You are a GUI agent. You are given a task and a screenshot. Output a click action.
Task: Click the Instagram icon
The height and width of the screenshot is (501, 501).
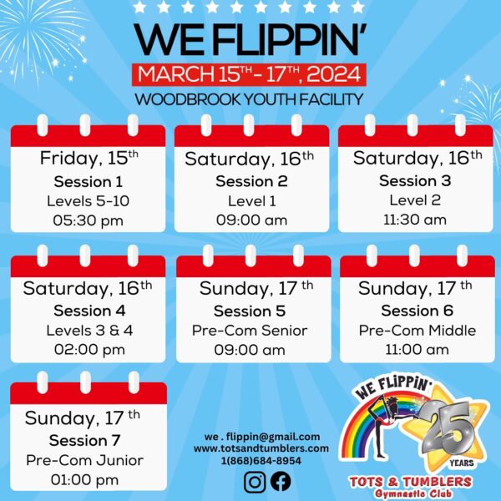tap(255, 482)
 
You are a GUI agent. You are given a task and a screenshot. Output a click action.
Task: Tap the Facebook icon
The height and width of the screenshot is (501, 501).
tap(281, 482)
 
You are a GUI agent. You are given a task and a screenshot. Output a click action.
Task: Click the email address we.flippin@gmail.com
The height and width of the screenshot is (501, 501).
tap(262, 437)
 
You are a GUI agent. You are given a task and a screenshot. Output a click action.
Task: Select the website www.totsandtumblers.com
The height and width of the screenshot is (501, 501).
tap(261, 448)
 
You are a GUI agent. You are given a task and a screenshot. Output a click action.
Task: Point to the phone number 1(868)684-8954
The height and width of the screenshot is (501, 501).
tap(261, 460)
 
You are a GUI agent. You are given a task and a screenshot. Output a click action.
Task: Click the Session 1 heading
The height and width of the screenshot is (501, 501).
tap(89, 182)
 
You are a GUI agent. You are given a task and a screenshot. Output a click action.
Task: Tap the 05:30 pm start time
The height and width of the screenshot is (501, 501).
tap(89, 220)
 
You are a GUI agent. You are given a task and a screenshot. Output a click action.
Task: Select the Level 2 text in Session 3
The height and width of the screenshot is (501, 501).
tap(415, 200)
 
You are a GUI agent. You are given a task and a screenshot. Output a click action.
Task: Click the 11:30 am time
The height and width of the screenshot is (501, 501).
tap(415, 220)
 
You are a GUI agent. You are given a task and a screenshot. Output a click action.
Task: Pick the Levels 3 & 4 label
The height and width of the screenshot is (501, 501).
tap(89, 331)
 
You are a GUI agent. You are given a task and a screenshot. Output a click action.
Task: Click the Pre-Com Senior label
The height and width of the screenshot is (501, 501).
tap(250, 331)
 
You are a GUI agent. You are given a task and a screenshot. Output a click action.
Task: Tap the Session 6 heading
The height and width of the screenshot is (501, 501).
tap(417, 311)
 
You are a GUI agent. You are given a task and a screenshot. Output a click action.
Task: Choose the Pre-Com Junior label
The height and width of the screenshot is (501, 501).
tap(84, 460)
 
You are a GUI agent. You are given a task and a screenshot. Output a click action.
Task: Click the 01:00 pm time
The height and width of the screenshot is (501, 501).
tap(84, 480)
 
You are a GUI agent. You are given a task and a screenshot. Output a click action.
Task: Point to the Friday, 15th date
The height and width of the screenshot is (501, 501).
tap(89, 158)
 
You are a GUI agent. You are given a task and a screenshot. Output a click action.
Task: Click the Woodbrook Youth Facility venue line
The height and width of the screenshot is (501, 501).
tap(249, 99)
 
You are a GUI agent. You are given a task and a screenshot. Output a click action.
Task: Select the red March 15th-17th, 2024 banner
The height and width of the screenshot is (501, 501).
tap(249, 75)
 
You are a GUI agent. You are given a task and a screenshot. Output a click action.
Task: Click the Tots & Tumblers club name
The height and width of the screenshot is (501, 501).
tap(411, 482)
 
